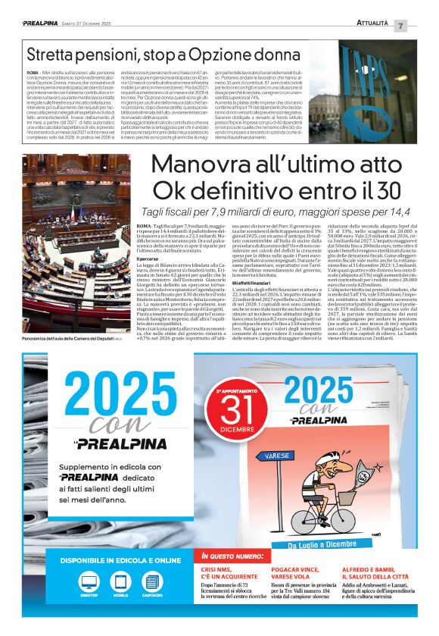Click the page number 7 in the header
tap(422, 26)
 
